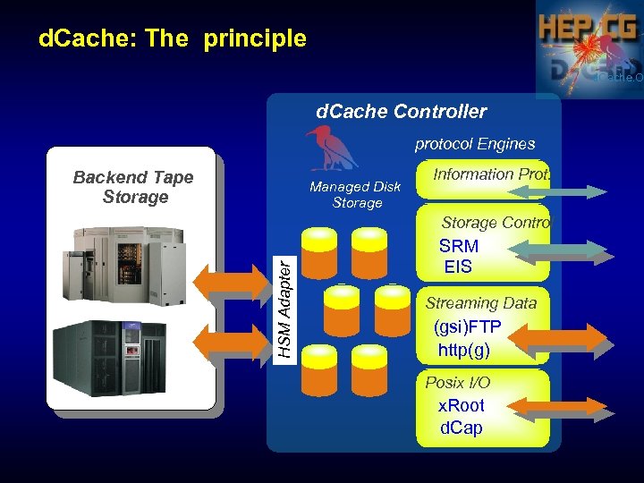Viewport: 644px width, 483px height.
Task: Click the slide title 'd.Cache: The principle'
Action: click(x=173, y=38)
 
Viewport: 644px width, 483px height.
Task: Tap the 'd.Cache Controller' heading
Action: click(x=402, y=112)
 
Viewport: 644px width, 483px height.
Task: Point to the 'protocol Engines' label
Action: click(x=475, y=143)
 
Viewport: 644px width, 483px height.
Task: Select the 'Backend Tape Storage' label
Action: click(x=133, y=187)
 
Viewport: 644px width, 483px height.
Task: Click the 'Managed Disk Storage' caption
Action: click(x=355, y=195)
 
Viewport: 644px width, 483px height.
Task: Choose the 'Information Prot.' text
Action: click(x=491, y=174)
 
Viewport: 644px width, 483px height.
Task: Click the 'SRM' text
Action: click(x=459, y=246)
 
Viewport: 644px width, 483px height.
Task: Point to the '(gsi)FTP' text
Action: click(x=467, y=326)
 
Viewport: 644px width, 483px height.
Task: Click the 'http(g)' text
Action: click(x=464, y=349)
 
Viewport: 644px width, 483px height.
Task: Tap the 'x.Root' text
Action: click(x=462, y=405)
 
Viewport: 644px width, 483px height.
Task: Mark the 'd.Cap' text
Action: click(x=462, y=428)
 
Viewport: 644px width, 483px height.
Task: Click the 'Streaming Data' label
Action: click(x=481, y=303)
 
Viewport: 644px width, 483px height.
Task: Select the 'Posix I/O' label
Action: click(x=457, y=382)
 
